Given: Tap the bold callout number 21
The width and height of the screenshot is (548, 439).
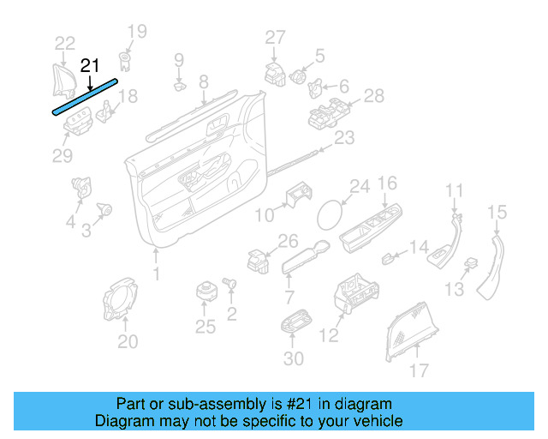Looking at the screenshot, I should [90, 65].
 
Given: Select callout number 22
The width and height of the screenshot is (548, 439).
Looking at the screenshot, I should [65, 43].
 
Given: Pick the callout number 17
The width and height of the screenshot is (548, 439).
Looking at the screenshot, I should [419, 370].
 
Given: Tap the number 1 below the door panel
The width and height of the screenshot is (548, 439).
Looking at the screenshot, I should [156, 274].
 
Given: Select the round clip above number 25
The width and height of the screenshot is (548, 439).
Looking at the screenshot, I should [205, 290].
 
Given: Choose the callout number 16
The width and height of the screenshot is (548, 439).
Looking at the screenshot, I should [387, 183].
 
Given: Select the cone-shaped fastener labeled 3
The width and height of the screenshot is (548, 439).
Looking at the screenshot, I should [106, 208].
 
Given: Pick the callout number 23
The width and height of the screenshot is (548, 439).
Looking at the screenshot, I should [343, 138].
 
